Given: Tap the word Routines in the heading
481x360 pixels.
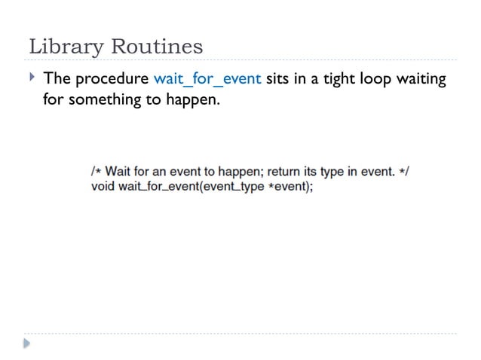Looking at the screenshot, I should (x=157, y=47).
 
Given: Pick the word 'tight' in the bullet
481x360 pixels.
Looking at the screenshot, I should (x=342, y=79).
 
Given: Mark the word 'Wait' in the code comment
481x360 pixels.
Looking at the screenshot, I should (x=117, y=172).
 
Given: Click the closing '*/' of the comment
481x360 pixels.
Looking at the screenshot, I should (x=404, y=172).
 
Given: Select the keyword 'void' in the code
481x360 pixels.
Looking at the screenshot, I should (x=103, y=186).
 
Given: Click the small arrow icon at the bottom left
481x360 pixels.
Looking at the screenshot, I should (x=27, y=344).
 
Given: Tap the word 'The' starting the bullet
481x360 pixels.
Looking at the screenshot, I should (x=57, y=79).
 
